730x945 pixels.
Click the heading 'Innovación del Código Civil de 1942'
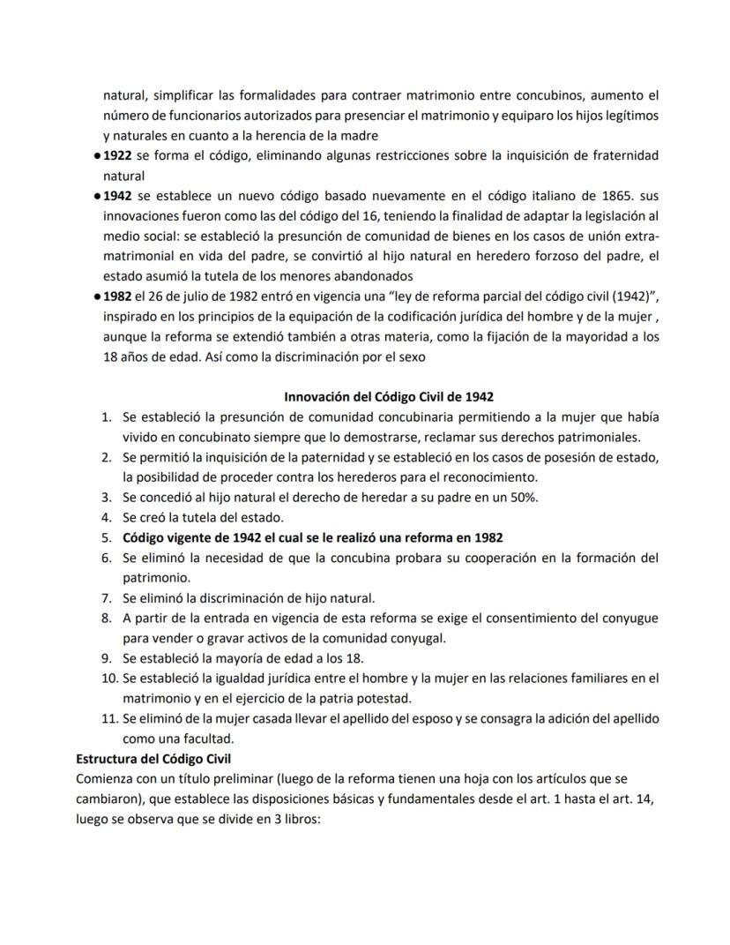395,396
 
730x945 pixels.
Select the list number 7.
106,597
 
